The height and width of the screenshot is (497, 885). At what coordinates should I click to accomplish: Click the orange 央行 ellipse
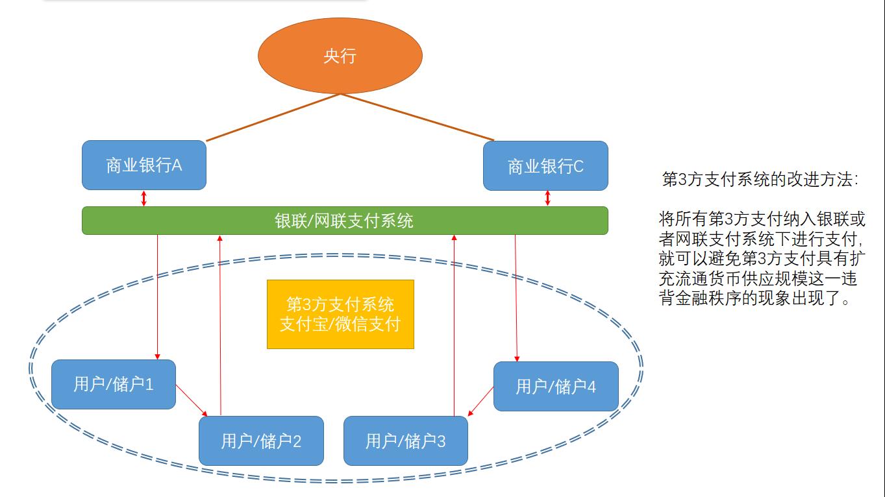340,56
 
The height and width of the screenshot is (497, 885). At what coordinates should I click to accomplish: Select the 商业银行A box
144,165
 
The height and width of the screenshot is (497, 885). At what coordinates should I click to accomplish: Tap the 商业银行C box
545,166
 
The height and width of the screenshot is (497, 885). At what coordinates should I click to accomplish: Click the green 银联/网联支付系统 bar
345,221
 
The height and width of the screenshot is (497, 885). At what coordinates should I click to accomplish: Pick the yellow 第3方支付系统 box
340,314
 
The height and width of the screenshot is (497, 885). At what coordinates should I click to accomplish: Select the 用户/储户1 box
114,384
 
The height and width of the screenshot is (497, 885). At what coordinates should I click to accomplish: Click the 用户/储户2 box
261,441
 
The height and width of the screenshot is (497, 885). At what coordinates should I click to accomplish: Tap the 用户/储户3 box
405,441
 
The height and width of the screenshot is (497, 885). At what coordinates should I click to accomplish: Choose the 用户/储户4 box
556,387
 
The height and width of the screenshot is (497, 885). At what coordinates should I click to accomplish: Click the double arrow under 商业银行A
144,198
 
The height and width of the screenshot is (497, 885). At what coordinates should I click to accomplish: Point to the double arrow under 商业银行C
548,198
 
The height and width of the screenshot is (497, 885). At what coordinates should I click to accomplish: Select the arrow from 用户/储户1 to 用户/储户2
192,401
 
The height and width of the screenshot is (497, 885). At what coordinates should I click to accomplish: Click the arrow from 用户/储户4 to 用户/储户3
481,401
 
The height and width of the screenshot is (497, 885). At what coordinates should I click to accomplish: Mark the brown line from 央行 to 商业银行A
273,117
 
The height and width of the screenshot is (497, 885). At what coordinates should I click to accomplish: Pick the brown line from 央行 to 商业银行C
417,117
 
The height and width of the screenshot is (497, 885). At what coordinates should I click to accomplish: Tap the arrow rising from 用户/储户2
221,324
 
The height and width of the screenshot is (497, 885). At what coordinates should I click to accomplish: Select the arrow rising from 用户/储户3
454,324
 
